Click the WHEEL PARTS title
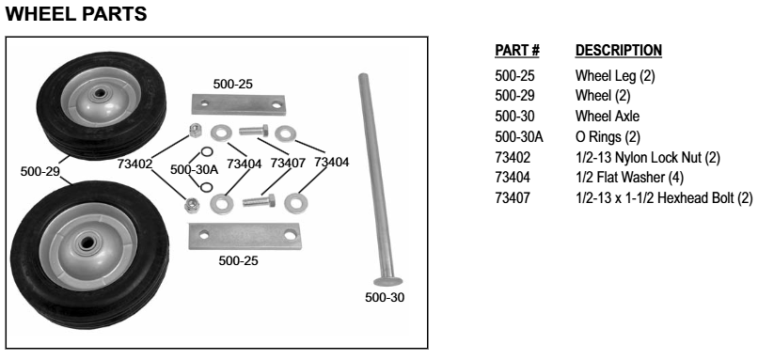tap(74, 15)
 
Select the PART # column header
tap(514, 50)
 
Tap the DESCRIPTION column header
tap(618, 50)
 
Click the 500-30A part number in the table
tap(516, 139)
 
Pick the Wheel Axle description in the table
tap(608, 117)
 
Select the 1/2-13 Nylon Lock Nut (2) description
tap(647, 157)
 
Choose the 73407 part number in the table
tap(511, 199)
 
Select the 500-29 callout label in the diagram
tap(40, 171)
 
